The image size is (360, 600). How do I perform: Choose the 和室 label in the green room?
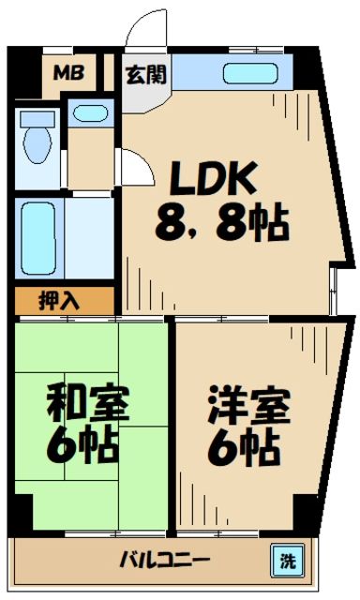pyautogui.click(x=90, y=404)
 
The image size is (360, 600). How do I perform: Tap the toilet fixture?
pyautogui.click(x=37, y=141)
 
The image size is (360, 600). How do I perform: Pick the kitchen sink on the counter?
pyautogui.click(x=251, y=73)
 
